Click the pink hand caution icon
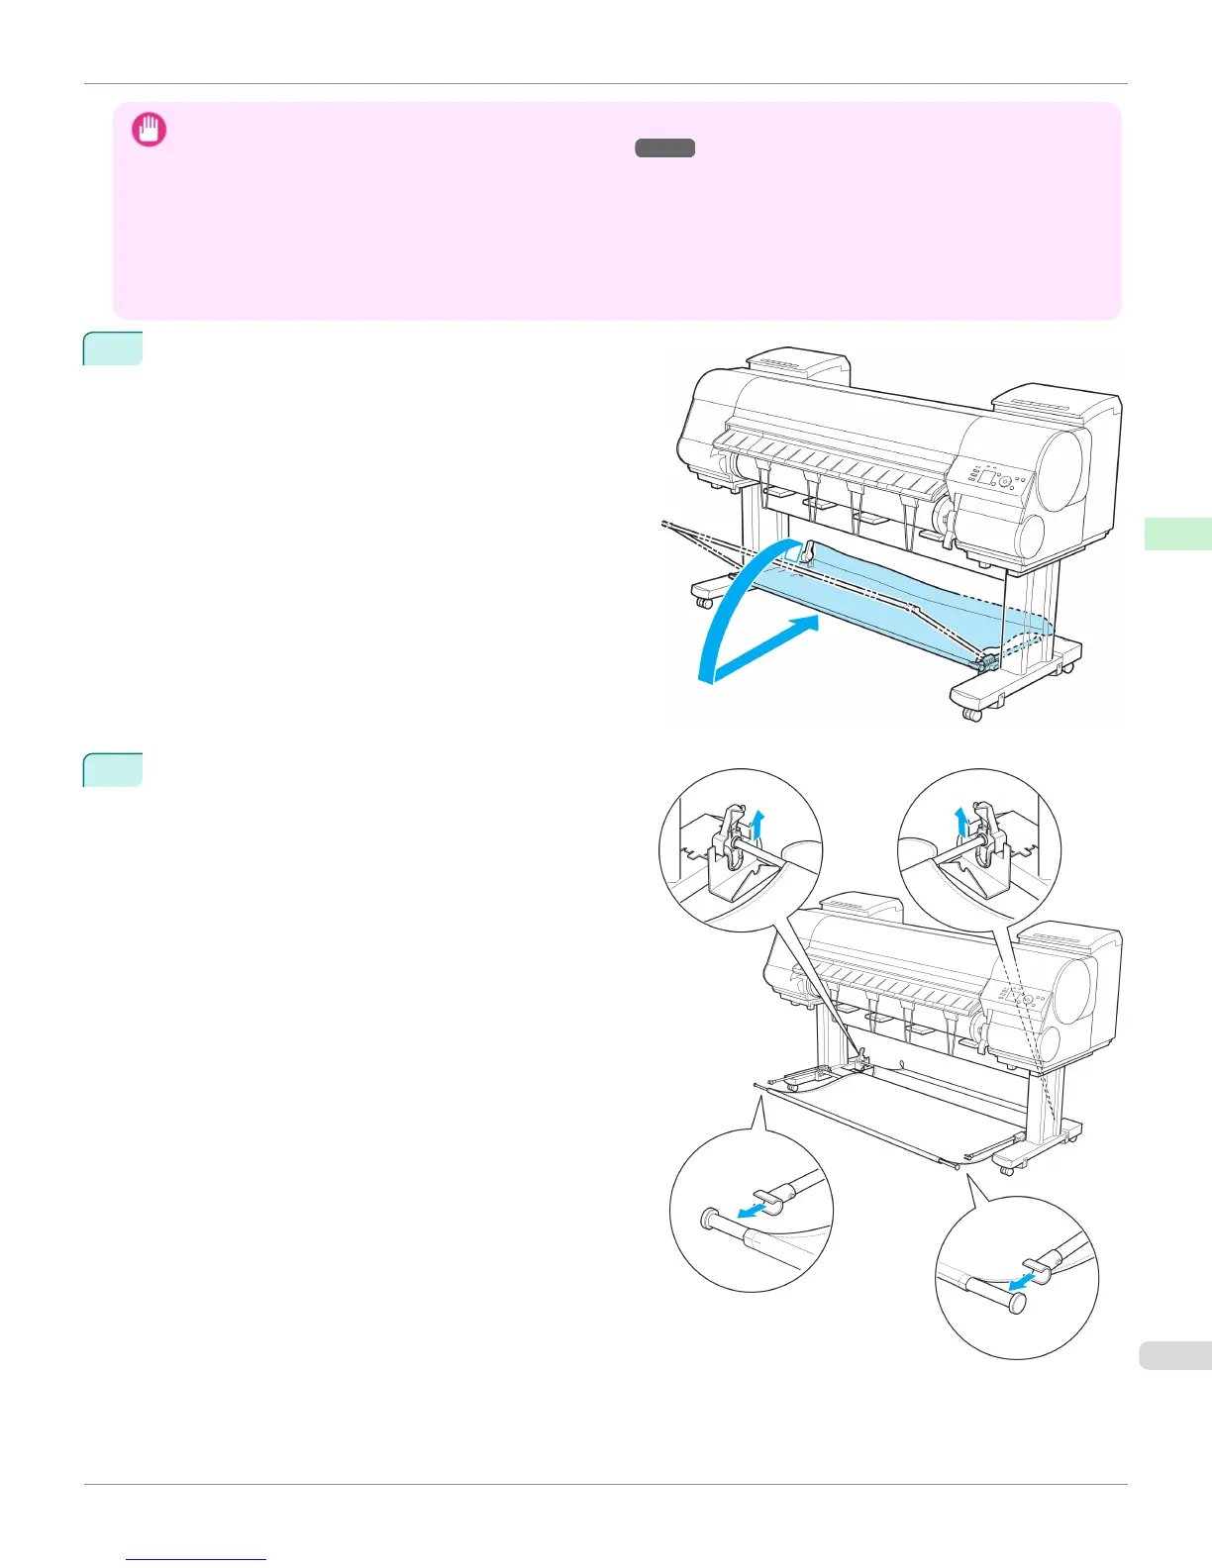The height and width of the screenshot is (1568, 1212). [x=150, y=131]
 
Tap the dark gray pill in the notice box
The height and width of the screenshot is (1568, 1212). [x=665, y=148]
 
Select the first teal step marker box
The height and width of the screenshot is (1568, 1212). [x=113, y=348]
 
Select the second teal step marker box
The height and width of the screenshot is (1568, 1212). [x=113, y=770]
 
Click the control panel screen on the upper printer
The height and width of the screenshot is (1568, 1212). [x=988, y=478]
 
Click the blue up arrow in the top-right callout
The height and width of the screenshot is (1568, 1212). [x=959, y=821]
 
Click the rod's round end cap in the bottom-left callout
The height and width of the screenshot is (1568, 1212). [x=708, y=1220]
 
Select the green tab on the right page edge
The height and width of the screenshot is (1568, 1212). [x=1177, y=534]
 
